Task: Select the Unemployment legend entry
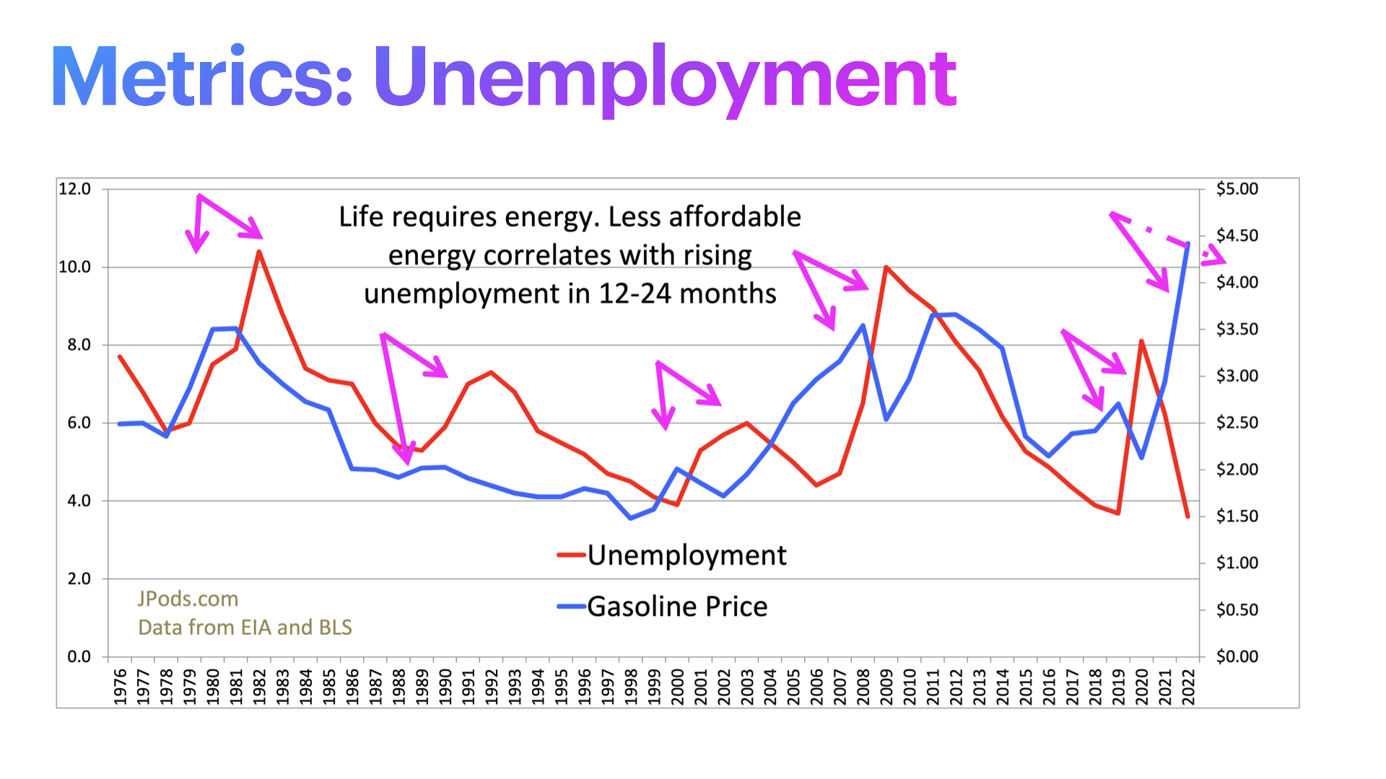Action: [x=686, y=555]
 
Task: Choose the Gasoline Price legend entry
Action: [x=676, y=607]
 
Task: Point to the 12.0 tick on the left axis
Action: [x=74, y=189]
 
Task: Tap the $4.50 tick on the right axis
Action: [x=1237, y=236]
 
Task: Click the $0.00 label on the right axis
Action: [x=1237, y=656]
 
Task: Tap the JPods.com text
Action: [x=188, y=599]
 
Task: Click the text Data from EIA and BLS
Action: [x=245, y=628]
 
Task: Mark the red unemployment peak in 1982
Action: [x=258, y=252]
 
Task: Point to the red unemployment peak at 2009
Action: [x=886, y=268]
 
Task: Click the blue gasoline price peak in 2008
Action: [x=863, y=325]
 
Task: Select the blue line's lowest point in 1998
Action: [x=631, y=518]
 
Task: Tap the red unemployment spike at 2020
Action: [x=1141, y=341]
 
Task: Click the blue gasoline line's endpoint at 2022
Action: [x=1187, y=244]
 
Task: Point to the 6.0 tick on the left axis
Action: [x=79, y=423]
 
